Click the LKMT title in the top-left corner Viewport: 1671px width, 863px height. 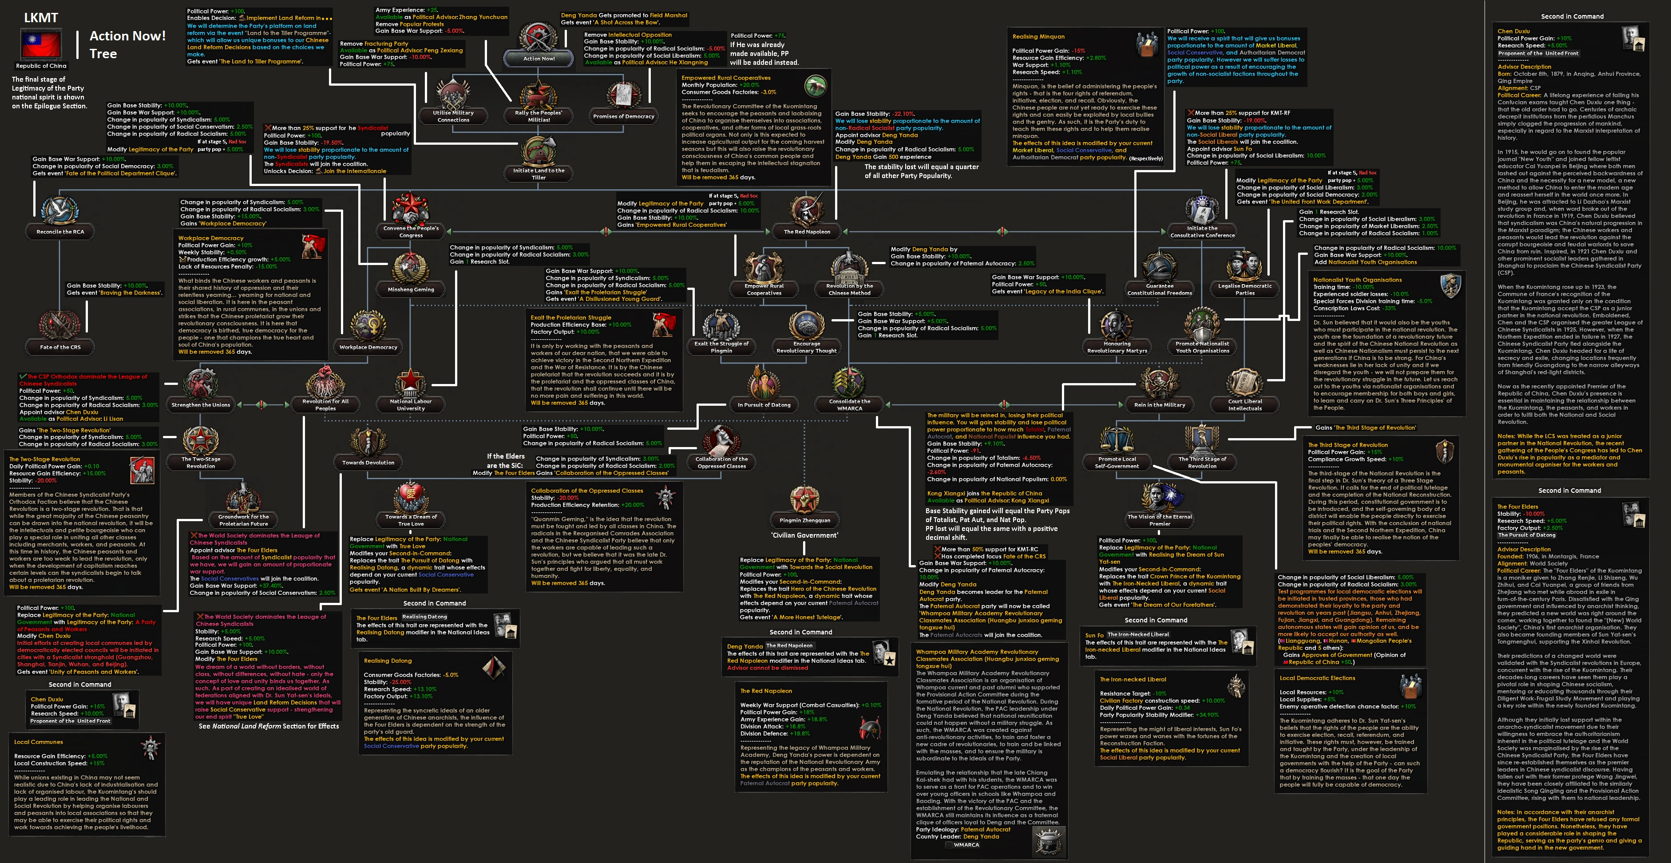tap(41, 17)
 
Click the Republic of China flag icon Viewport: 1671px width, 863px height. tap(41, 44)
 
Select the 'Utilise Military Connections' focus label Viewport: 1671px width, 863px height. tap(453, 116)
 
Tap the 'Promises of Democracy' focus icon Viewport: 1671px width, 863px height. tap(623, 96)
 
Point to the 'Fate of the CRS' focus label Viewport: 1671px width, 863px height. tap(60, 347)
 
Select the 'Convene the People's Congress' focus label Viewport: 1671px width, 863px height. tap(411, 232)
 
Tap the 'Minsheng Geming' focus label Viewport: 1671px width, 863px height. tap(411, 289)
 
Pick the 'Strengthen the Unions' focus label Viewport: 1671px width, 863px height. tap(201, 405)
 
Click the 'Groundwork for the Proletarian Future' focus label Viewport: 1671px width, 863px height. tap(243, 520)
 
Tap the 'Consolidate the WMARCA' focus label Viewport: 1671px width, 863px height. tap(849, 405)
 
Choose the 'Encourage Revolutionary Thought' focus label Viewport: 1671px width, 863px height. tap(806, 347)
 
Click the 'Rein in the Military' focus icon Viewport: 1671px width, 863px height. tap(1159, 383)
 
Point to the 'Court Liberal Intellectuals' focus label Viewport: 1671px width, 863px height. tap(1245, 405)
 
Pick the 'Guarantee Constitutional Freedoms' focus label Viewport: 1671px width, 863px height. tap(1159, 289)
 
